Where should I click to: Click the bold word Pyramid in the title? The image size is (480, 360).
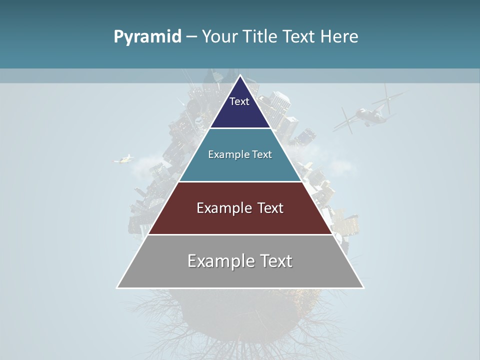coord(147,37)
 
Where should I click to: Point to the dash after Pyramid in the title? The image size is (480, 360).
coord(191,37)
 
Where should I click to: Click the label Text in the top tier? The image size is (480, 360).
coord(239,101)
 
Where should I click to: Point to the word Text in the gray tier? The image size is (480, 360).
coord(275,261)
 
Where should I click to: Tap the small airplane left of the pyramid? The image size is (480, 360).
coord(124,159)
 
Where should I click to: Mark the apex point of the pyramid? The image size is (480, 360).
coord(240,75)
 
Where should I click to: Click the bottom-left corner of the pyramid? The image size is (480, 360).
coord(117,287)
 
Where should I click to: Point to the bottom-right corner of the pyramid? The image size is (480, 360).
coord(363,287)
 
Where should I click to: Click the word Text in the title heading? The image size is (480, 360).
coord(299,37)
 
